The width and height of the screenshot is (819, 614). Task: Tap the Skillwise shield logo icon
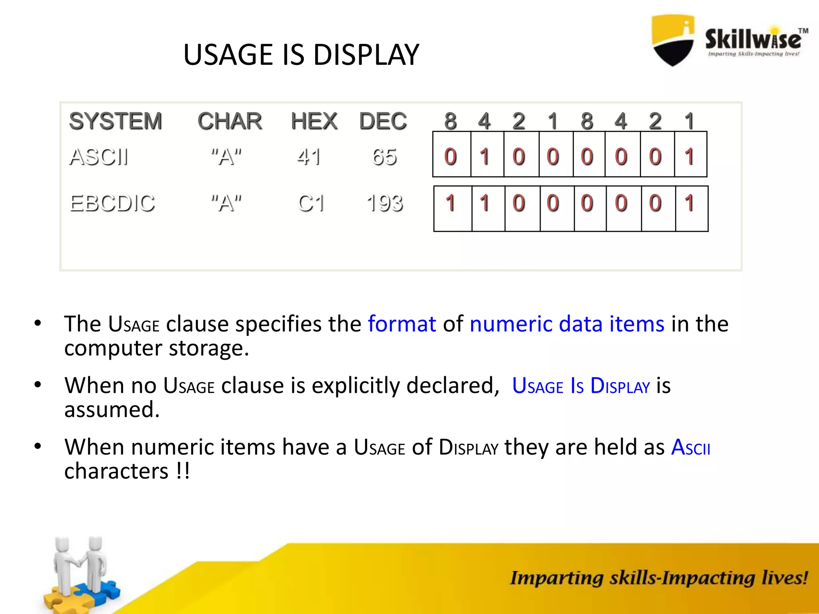(x=673, y=40)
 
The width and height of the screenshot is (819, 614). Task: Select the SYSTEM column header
(x=116, y=121)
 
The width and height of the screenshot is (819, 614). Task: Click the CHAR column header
(x=230, y=121)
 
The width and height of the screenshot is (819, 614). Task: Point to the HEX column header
(x=314, y=121)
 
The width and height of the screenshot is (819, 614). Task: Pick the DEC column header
(x=383, y=121)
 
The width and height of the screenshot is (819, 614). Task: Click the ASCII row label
(x=99, y=157)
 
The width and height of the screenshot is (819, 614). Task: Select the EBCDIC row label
(x=112, y=203)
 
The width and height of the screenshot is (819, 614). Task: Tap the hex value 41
(x=309, y=157)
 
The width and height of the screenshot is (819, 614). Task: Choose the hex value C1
(x=311, y=203)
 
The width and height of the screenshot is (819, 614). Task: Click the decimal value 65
(x=384, y=157)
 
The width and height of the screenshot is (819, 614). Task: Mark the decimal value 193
(x=385, y=203)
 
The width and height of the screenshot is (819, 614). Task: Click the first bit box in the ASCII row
(x=451, y=155)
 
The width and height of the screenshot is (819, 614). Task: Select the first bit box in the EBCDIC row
(x=453, y=209)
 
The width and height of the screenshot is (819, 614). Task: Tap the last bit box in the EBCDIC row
(x=691, y=209)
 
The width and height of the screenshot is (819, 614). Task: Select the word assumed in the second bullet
(x=112, y=410)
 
